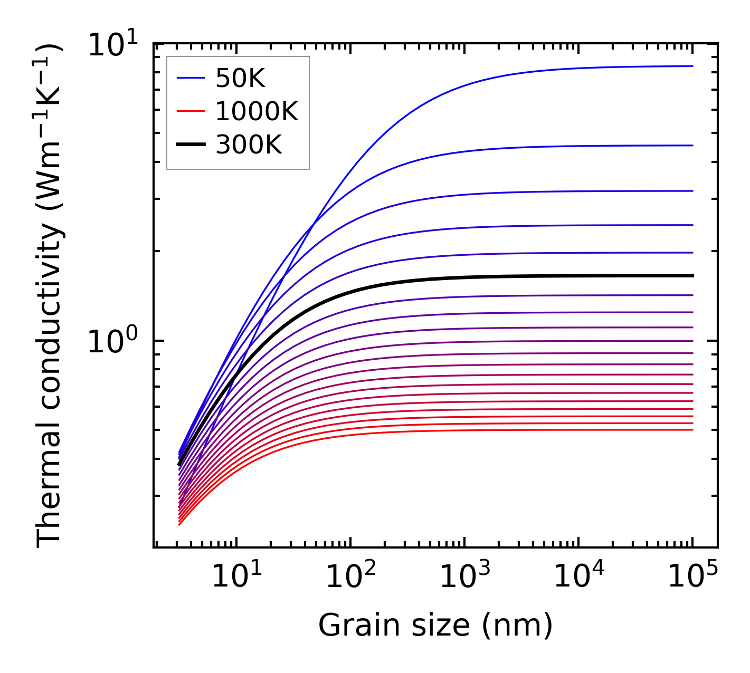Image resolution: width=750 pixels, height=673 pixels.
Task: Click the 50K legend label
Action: pyautogui.click(x=240, y=79)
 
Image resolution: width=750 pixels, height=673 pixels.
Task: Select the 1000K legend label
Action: pyautogui.click(x=257, y=111)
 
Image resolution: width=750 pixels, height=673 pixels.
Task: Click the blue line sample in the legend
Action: pyautogui.click(x=191, y=79)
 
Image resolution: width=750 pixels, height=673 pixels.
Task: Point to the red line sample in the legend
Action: pyautogui.click(x=191, y=111)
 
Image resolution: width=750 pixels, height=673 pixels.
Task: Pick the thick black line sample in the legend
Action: pyautogui.click(x=191, y=144)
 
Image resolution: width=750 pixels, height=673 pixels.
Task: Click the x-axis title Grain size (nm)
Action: pyautogui.click(x=435, y=626)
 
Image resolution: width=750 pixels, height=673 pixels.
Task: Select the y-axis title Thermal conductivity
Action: pyautogui.click(x=50, y=295)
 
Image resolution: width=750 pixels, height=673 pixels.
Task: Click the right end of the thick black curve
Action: pyautogui.click(x=692, y=275)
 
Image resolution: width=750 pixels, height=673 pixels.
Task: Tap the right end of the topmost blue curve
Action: pyautogui.click(x=692, y=66)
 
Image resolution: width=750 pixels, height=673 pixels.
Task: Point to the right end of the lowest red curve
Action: pyautogui.click(x=692, y=430)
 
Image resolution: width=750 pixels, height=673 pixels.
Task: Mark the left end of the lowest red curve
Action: pyautogui.click(x=179, y=524)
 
